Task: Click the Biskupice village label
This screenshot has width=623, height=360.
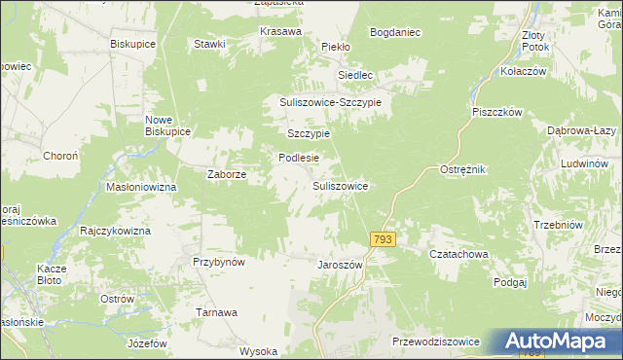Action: (133, 45)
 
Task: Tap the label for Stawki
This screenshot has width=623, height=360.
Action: (209, 44)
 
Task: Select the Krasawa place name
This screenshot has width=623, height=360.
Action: (279, 30)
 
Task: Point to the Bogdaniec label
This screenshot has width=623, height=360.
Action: (394, 32)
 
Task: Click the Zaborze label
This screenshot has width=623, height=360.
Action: (227, 175)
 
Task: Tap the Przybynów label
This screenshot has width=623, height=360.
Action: (218, 262)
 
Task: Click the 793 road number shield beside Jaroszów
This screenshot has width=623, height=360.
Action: (384, 239)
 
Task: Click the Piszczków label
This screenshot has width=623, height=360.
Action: (498, 112)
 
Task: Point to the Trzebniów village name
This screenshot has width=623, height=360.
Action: (558, 225)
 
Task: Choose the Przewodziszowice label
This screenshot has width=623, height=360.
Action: (436, 342)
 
